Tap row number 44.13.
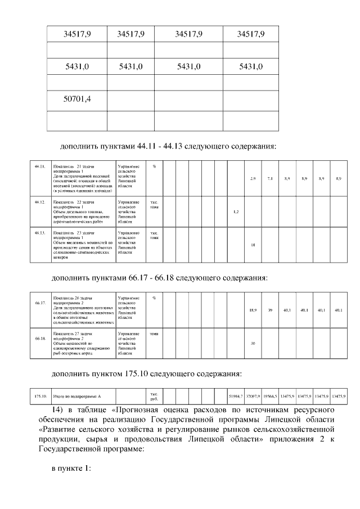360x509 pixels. click(39, 232)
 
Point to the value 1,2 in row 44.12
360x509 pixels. click(236, 211)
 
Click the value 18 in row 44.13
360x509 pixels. click(253, 245)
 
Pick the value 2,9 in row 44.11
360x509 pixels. click(253, 179)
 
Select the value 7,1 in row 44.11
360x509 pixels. click(270, 179)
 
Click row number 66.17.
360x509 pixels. click(39, 303)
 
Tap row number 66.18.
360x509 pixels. click(39, 339)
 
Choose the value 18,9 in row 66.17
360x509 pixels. click(253, 310)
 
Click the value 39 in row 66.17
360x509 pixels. click(270, 310)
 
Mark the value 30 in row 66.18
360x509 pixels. click(253, 343)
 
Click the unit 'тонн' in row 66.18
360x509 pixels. click(154, 334)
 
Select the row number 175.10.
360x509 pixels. click(40, 397)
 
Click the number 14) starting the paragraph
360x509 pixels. click(58, 408)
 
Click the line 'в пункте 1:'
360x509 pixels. click(71, 470)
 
